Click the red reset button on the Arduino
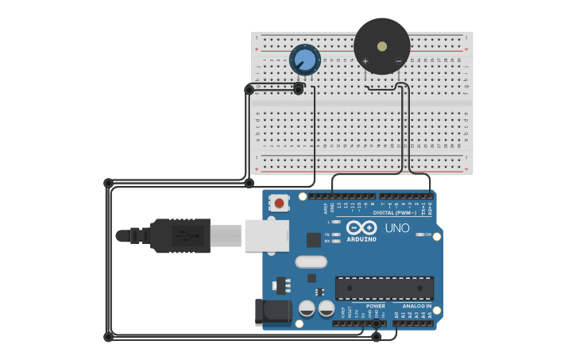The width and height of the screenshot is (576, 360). click(279, 203)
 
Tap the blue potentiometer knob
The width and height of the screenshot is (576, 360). click(304, 60)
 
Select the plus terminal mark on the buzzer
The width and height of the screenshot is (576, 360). click(365, 61)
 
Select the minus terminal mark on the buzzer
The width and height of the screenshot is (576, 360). click(399, 61)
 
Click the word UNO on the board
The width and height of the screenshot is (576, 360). click(397, 228)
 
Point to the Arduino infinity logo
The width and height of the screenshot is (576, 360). click(361, 228)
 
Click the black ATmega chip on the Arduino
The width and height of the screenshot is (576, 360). click(385, 288)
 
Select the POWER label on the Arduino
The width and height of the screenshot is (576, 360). click(375, 306)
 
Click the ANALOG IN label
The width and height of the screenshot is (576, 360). click(416, 306)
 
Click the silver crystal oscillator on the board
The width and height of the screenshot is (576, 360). click(311, 261)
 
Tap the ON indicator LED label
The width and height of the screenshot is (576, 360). click(428, 234)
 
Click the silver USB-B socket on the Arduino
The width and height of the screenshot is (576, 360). click(266, 235)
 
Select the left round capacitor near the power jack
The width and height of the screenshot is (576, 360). click(307, 308)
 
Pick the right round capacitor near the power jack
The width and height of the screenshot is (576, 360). click(326, 308)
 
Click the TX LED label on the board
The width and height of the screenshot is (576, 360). click(327, 234)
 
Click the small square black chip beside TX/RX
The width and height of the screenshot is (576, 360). click(314, 239)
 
